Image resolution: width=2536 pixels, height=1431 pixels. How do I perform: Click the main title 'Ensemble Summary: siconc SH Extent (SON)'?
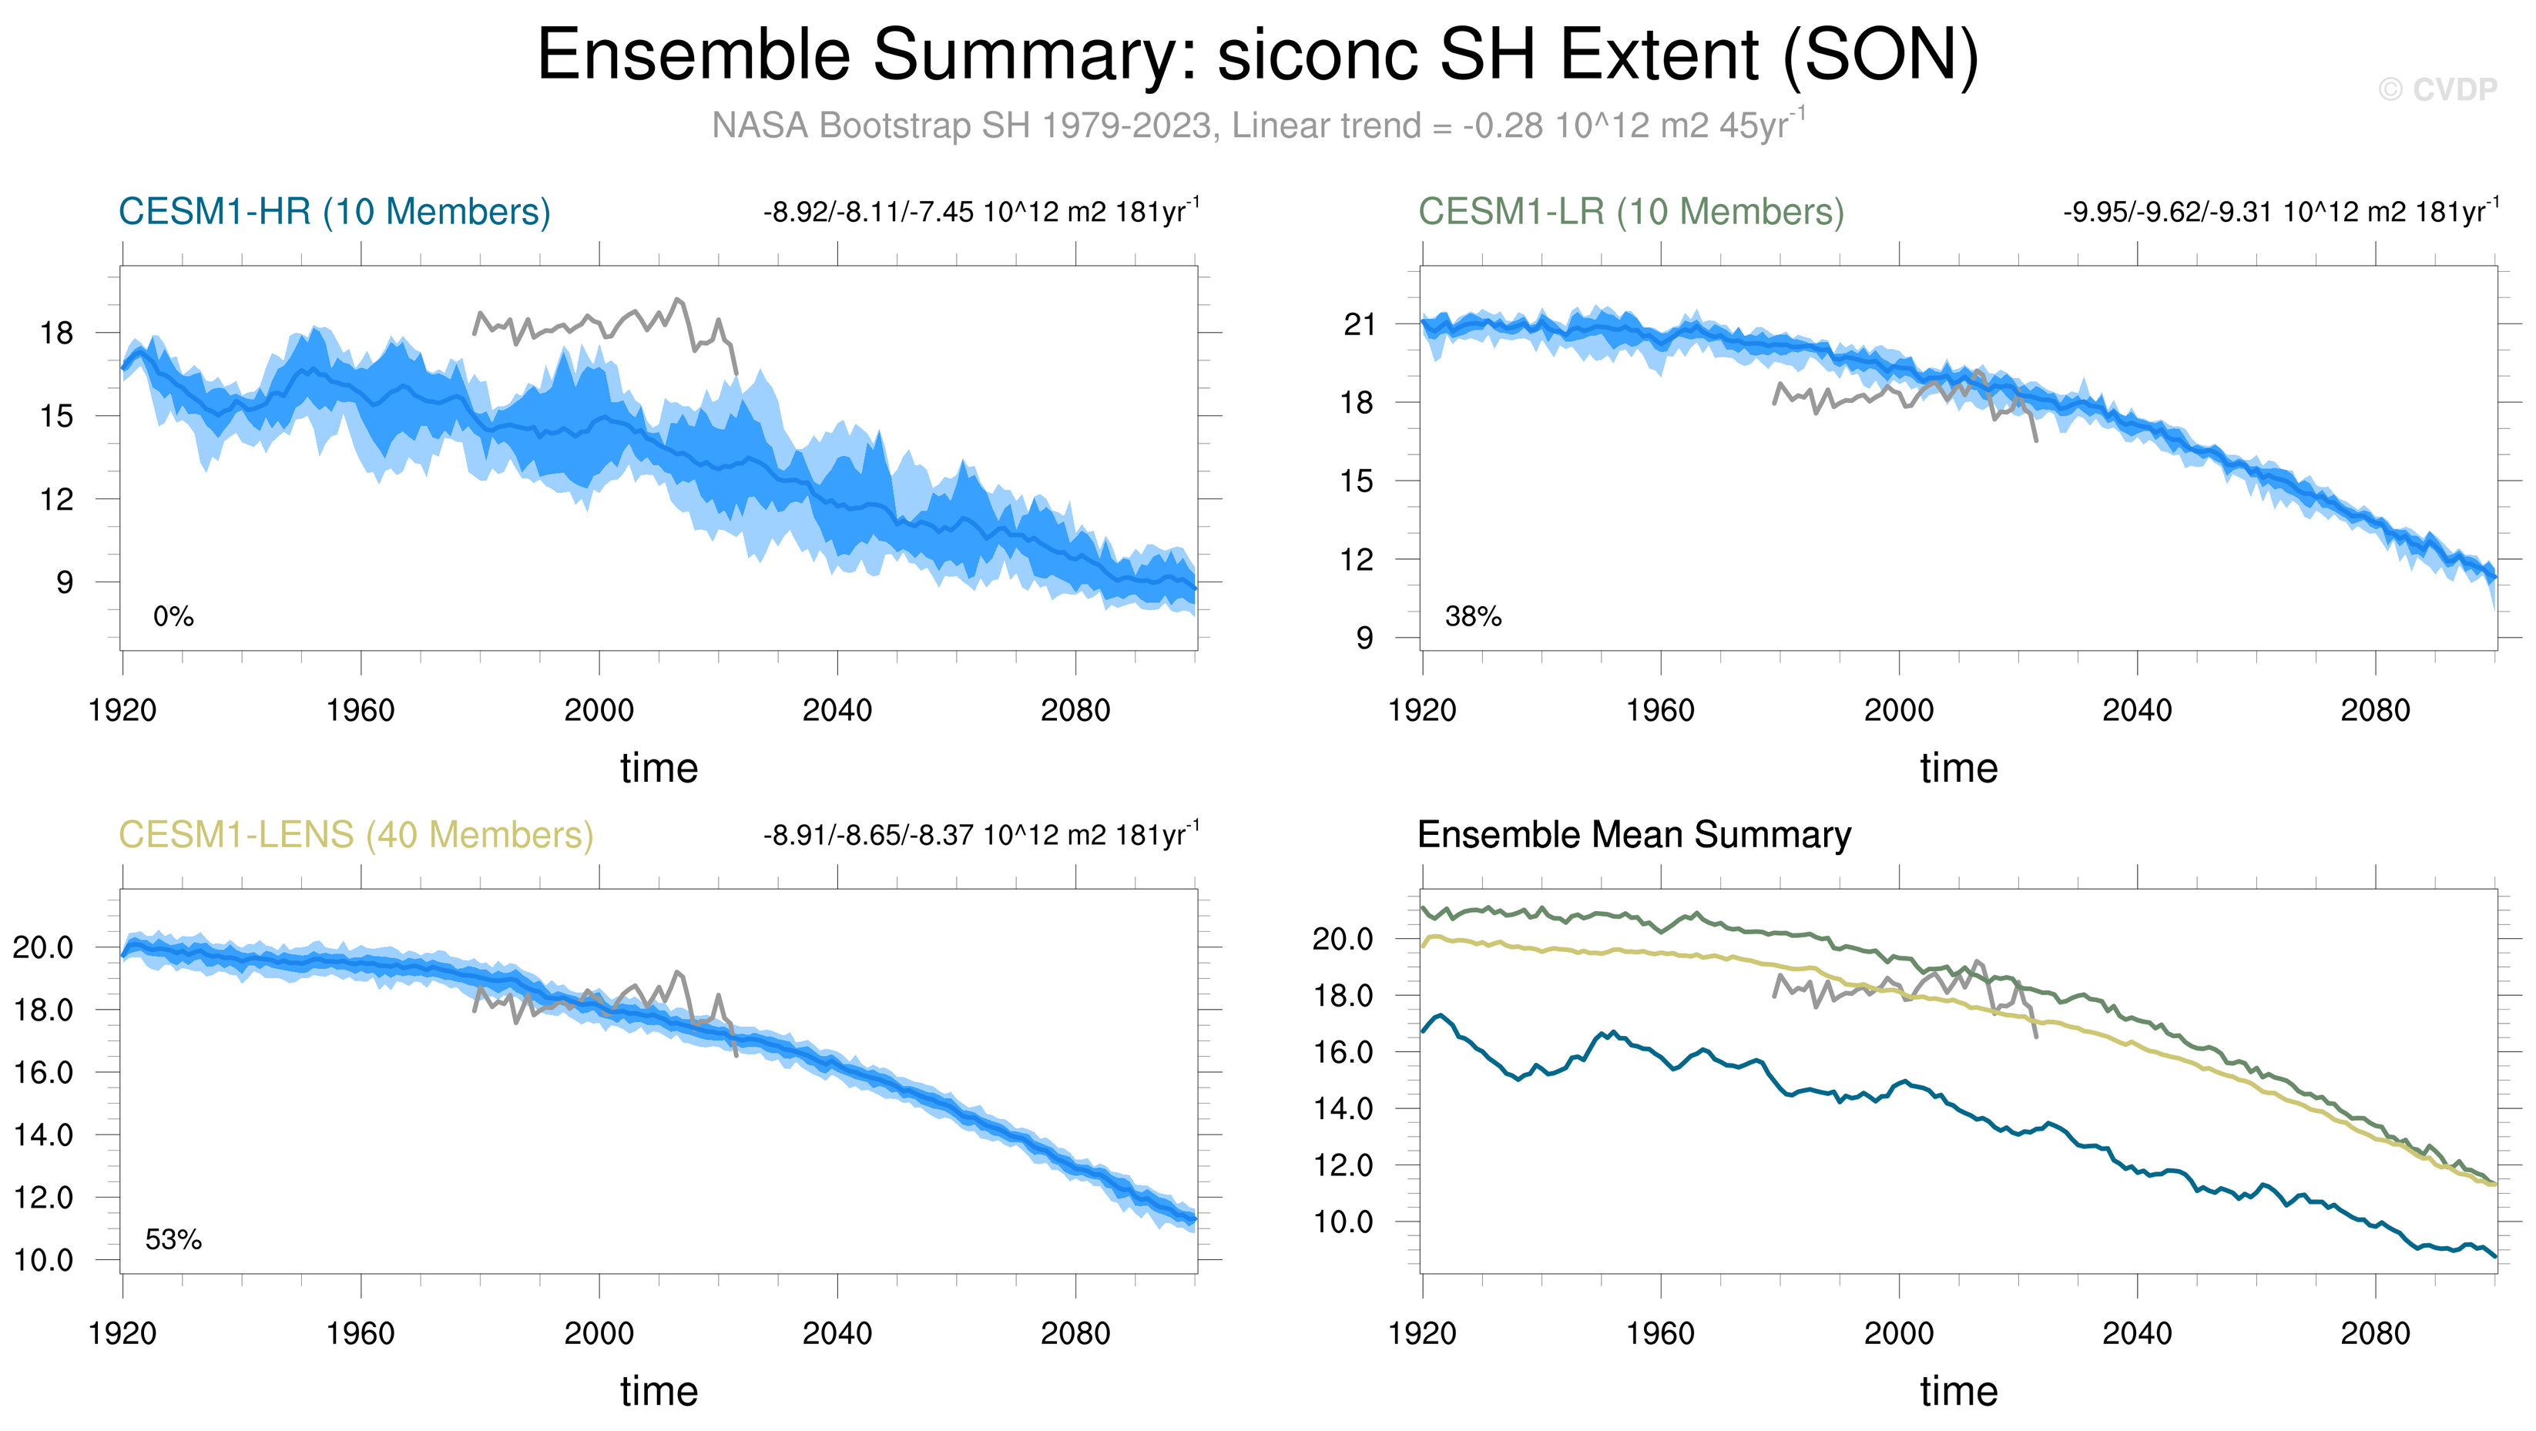[x=1257, y=55]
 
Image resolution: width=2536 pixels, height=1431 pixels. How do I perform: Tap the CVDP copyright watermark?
[x=2437, y=89]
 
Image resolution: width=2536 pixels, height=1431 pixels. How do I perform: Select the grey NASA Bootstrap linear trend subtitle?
[x=1258, y=125]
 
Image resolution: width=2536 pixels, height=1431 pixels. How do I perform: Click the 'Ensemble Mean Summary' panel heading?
[x=1634, y=835]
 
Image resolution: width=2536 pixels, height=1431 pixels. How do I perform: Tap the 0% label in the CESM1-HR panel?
[x=173, y=617]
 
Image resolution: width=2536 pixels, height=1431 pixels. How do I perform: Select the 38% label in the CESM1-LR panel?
[x=1473, y=617]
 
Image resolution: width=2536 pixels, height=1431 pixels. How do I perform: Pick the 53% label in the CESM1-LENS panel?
[x=173, y=1240]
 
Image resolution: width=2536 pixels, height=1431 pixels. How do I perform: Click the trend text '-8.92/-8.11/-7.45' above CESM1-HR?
[x=868, y=213]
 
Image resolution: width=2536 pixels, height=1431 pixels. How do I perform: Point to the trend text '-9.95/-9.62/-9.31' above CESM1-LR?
[x=2169, y=213]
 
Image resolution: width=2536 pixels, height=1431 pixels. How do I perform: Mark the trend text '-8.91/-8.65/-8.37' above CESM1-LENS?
[x=868, y=836]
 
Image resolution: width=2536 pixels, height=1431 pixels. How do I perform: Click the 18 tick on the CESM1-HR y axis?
[x=57, y=333]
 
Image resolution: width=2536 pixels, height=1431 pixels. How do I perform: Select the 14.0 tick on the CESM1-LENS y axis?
[x=43, y=1134]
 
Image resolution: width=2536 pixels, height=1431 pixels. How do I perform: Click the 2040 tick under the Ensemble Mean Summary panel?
[x=2137, y=1333]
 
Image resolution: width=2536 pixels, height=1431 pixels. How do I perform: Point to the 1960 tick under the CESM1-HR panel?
[x=361, y=711]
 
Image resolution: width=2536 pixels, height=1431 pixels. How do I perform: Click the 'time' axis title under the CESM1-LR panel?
[x=1959, y=768]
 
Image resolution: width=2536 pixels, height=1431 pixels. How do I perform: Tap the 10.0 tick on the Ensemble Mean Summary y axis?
[x=1343, y=1222]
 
